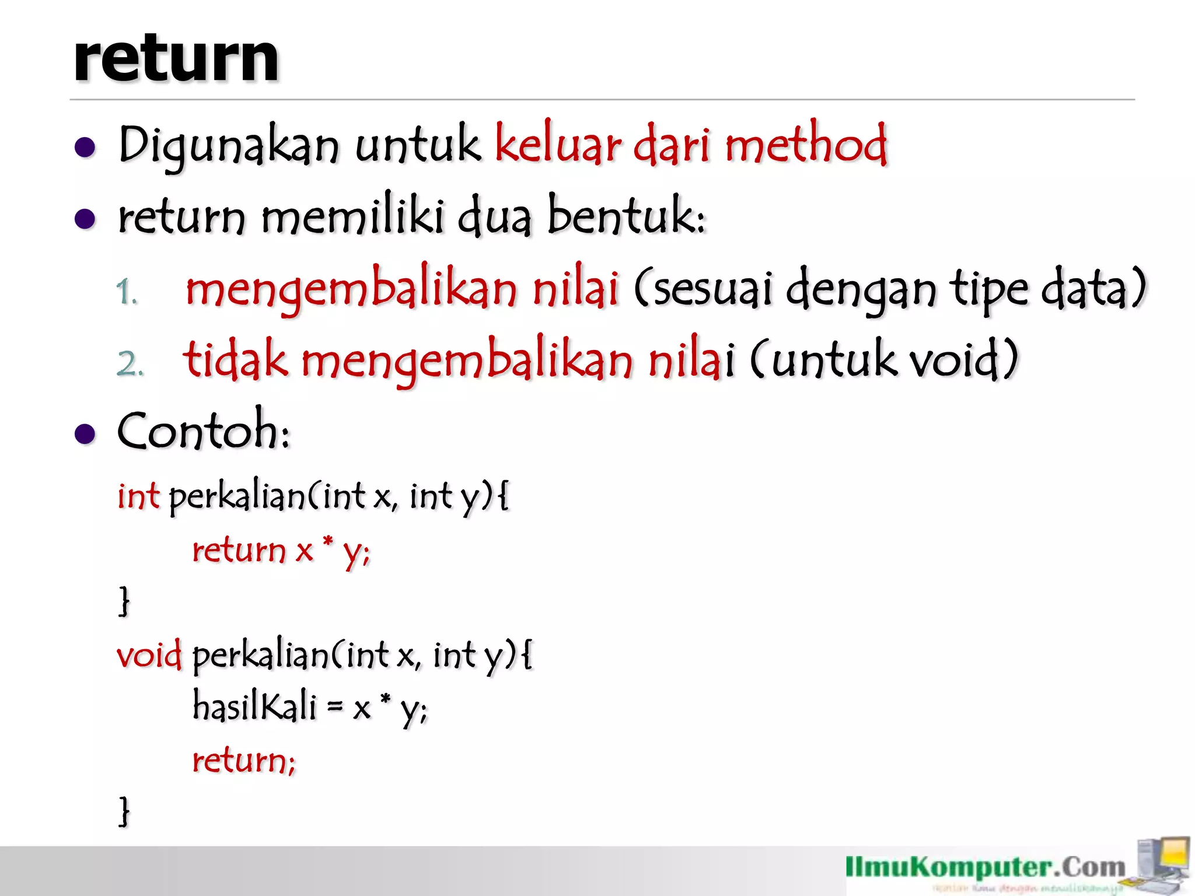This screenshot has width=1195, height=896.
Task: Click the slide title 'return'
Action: tap(176, 58)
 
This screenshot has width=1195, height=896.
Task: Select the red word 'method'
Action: tap(805, 145)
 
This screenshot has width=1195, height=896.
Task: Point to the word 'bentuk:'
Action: tap(626, 216)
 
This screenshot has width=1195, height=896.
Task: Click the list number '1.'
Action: tap(127, 292)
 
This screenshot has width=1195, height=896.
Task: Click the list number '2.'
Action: tap(130, 363)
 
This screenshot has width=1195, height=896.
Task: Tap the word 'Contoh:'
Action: tap(204, 432)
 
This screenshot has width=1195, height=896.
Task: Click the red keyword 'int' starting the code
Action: tap(138, 496)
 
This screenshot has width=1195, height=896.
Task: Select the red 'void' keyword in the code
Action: tap(149, 654)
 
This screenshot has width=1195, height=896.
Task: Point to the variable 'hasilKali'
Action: tap(254, 706)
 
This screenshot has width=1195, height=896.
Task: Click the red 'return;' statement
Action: tap(244, 761)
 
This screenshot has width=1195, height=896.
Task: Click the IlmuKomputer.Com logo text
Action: tap(985, 867)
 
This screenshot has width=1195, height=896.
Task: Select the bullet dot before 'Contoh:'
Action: tap(85, 434)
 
